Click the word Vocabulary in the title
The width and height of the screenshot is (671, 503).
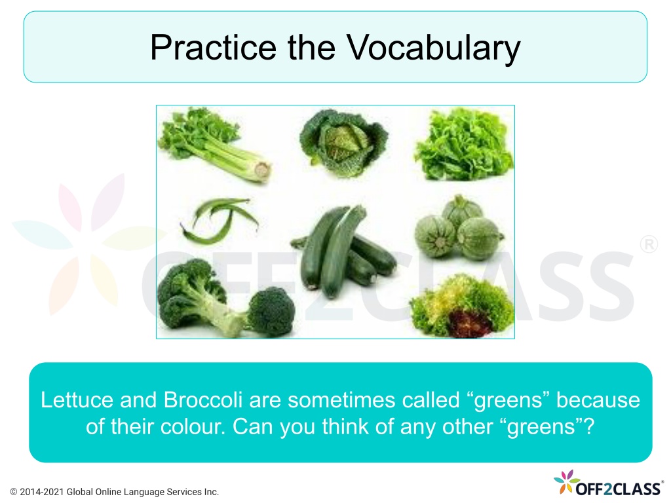pos(433,48)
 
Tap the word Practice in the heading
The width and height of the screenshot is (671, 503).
pos(213,47)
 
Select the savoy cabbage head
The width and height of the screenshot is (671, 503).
pos(343,142)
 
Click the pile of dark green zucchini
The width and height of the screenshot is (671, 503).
pos(342,252)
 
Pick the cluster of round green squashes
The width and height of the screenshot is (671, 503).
pos(459,229)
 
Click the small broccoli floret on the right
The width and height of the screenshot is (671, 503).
pos(271,311)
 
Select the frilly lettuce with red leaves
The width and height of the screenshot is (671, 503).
pos(462,307)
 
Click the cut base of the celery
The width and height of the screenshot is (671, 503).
pos(262,170)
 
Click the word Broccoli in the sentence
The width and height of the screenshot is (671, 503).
pos(203,400)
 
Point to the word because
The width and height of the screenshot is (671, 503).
pos(598,400)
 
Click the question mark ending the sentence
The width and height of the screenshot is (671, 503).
pos(590,426)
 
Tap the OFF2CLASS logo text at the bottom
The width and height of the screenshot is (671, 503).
pos(618,489)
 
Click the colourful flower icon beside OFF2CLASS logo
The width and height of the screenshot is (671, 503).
pos(566,481)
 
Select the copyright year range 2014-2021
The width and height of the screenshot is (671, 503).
pos(42,493)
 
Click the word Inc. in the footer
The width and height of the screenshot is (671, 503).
pos(212,493)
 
